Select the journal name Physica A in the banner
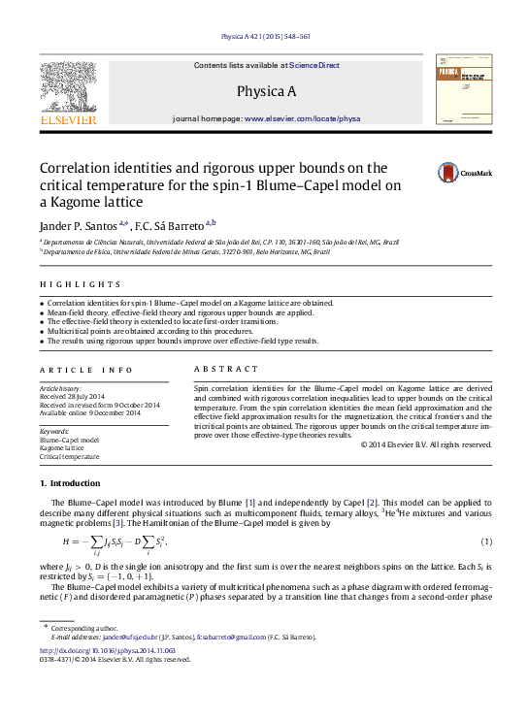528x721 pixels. (x=265, y=91)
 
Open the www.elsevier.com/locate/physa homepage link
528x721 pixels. (x=302, y=117)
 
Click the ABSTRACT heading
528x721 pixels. (x=226, y=369)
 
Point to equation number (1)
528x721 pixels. (x=486, y=541)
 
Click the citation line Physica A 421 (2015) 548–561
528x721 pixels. (x=265, y=36)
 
